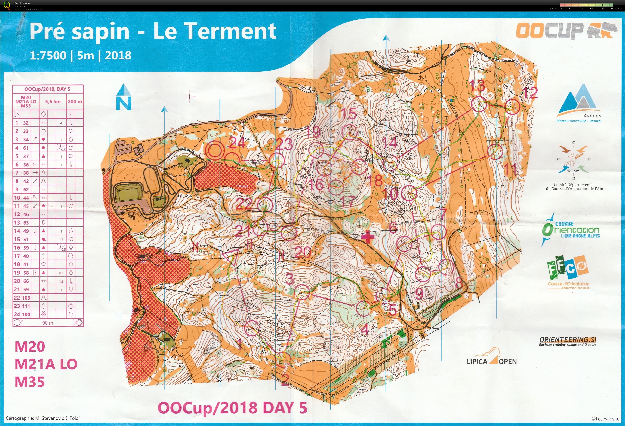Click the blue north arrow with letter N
pos(124,98)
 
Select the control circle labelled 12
pos(512,107)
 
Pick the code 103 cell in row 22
pos(26,298)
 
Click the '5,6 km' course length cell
pos(53,102)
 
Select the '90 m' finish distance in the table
pos(48,323)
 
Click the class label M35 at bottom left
pos(30,382)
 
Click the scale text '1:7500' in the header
pos(48,55)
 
